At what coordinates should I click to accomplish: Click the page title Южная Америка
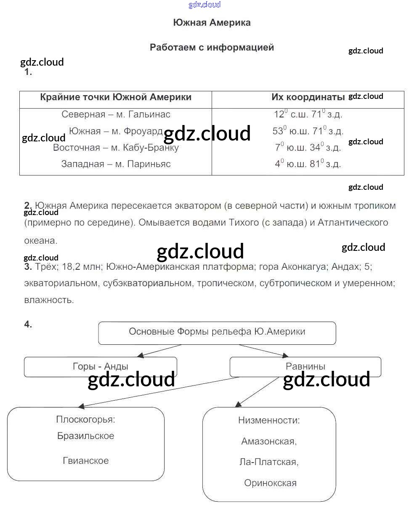click(212, 23)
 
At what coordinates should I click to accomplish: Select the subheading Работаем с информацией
click(212, 48)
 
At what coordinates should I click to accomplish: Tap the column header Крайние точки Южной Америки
click(116, 97)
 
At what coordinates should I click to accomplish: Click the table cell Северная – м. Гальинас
click(116, 114)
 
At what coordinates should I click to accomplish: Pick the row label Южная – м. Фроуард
click(116, 131)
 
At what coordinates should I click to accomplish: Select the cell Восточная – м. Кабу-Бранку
click(116, 148)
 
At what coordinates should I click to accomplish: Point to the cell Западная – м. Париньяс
click(116, 164)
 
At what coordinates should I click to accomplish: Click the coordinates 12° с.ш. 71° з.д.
click(308, 114)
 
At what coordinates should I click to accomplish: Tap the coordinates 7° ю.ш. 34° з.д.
click(308, 148)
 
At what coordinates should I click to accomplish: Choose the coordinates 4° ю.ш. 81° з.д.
click(308, 164)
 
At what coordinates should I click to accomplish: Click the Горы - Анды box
click(100, 367)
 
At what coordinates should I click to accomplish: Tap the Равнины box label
click(305, 367)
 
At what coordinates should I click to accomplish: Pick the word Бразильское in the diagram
click(85, 436)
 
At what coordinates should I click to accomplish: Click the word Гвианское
click(85, 461)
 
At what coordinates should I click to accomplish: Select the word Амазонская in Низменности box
click(269, 442)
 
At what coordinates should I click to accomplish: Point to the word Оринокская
click(270, 483)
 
